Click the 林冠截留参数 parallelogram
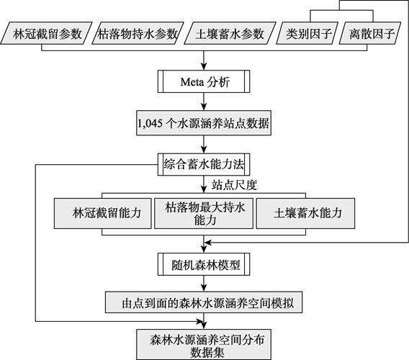(46, 33)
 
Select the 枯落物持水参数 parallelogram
(138, 33)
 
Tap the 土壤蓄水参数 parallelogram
(230, 33)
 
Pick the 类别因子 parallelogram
(307, 33)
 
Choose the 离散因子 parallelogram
(370, 33)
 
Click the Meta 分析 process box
(204, 81)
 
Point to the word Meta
(192, 82)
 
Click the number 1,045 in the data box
(150, 123)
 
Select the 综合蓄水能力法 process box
(204, 164)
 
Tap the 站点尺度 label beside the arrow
(234, 185)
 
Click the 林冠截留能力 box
(103, 213)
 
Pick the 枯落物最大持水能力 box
(204, 213)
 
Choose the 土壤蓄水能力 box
(306, 213)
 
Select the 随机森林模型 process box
(204, 264)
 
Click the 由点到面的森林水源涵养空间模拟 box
(204, 302)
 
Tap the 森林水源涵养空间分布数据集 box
(204, 345)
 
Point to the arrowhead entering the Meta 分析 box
(204, 67)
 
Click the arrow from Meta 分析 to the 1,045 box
(204, 102)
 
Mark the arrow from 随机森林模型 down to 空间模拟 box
(204, 284)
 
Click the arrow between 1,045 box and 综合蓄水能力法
(204, 144)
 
